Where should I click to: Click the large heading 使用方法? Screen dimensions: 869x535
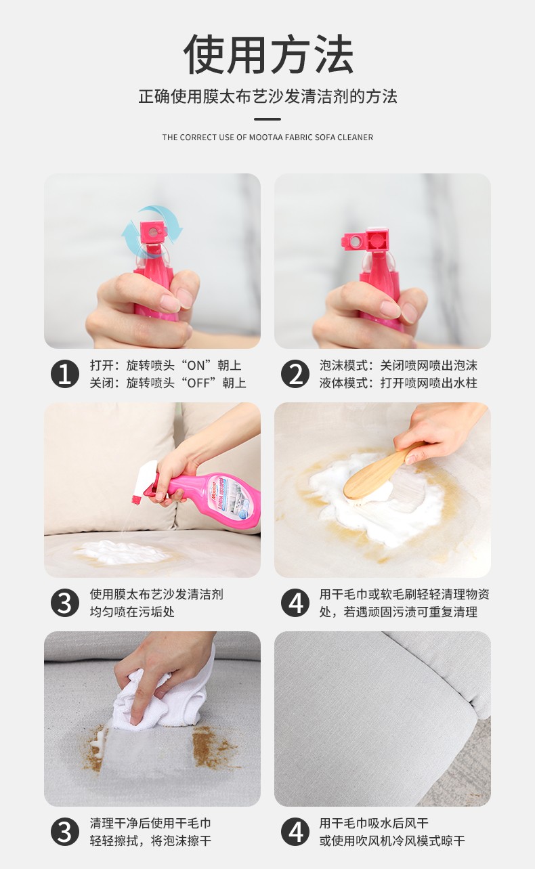click(267, 56)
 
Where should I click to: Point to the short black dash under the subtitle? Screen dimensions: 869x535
click(267, 119)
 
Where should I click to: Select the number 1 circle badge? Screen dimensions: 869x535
click(65, 374)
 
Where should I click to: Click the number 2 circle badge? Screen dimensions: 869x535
click(295, 374)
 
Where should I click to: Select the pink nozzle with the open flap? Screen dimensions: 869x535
click(366, 240)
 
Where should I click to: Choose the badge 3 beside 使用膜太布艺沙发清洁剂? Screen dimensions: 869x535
click(65, 603)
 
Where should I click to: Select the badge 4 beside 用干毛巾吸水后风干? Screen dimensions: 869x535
click(295, 832)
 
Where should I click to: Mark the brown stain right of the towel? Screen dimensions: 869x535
click(213, 748)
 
